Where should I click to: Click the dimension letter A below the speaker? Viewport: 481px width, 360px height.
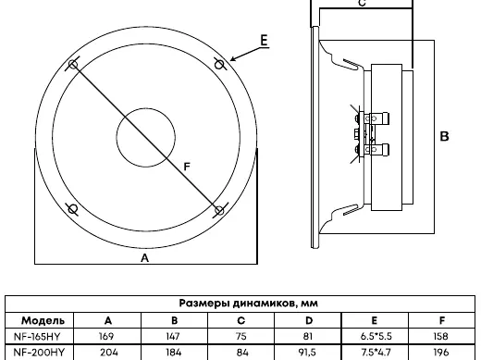pyautogui.click(x=144, y=258)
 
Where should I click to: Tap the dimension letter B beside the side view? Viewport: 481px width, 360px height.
pyautogui.click(x=444, y=136)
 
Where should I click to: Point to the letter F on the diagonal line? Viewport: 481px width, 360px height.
pyautogui.click(x=187, y=167)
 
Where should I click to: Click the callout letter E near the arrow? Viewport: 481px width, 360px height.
pyautogui.click(x=264, y=41)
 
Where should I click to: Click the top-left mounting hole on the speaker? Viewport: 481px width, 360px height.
pyautogui.click(x=73, y=65)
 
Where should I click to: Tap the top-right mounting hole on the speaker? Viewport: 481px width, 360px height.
pyautogui.click(x=219, y=65)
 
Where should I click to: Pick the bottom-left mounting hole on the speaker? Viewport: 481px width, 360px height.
pyautogui.click(x=73, y=209)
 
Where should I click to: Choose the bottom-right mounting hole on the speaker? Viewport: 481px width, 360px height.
pyautogui.click(x=219, y=211)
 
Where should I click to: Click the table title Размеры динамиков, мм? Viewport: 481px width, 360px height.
pyautogui.click(x=248, y=304)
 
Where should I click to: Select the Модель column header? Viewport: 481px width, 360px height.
pyautogui.click(x=43, y=321)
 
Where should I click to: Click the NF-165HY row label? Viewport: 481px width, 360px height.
pyautogui.click(x=37, y=336)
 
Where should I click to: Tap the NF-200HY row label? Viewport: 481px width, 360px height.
pyautogui.click(x=39, y=352)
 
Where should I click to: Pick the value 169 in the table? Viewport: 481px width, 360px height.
pyautogui.click(x=106, y=336)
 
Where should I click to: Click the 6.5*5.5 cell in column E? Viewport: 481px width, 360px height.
pyautogui.click(x=376, y=336)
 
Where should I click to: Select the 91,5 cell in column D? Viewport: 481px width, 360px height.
pyautogui.click(x=309, y=352)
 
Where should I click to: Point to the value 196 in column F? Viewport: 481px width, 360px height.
pyautogui.click(x=441, y=352)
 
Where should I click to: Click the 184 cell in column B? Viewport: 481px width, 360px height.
pyautogui.click(x=174, y=352)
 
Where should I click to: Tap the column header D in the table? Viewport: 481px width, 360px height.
pyautogui.click(x=309, y=321)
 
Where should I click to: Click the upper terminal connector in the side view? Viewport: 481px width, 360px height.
pyautogui.click(x=373, y=118)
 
